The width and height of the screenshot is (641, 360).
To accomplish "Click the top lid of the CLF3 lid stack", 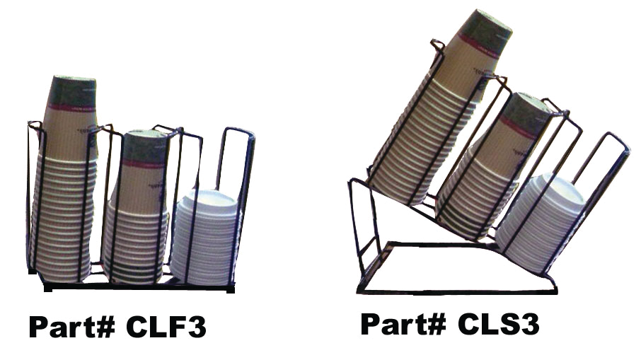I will click(207, 198).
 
